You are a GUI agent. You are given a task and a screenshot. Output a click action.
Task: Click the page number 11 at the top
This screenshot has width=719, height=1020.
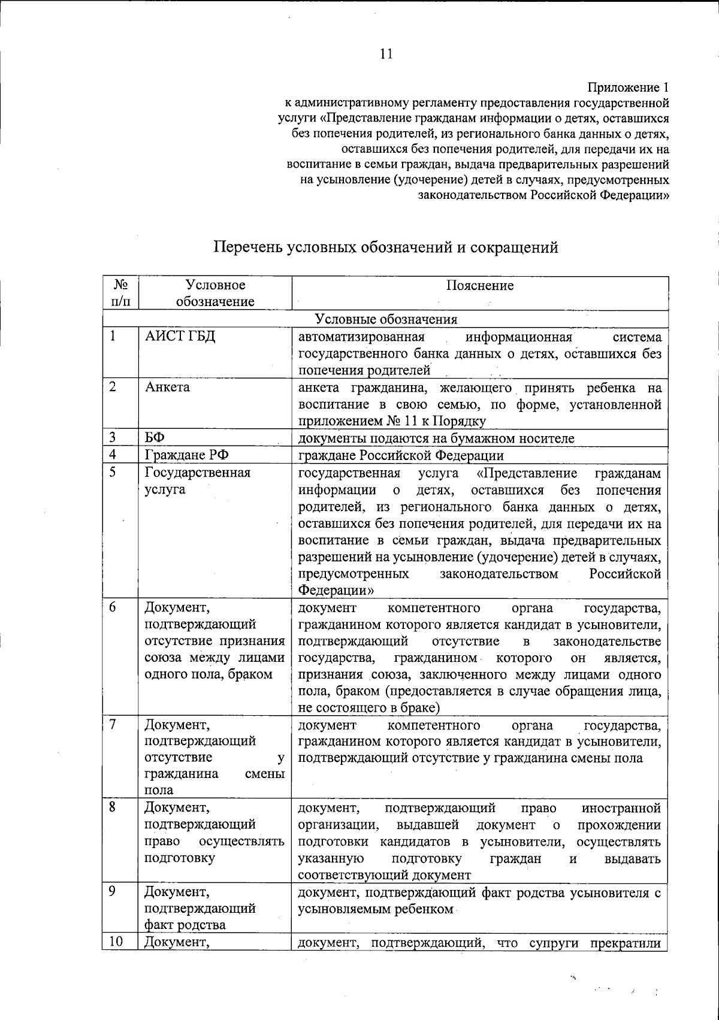click(x=386, y=54)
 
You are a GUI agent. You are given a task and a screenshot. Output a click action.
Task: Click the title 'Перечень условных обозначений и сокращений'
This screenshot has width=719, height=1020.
click(x=386, y=247)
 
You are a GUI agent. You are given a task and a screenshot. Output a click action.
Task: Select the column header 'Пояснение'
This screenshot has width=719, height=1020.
click(x=479, y=286)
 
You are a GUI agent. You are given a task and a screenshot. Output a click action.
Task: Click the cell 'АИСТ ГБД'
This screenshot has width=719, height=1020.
click(x=180, y=337)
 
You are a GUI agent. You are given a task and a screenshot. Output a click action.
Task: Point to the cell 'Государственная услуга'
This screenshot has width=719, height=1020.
click(x=197, y=481)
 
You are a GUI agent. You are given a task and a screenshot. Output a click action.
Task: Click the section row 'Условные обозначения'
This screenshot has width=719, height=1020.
click(x=386, y=319)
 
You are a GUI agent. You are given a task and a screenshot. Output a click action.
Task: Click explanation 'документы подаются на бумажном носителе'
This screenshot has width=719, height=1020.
click(x=436, y=438)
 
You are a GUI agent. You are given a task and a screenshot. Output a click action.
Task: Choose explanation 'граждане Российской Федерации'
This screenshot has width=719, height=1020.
click(x=401, y=455)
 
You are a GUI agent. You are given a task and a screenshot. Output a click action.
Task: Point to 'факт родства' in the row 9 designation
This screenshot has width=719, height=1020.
click(x=185, y=925)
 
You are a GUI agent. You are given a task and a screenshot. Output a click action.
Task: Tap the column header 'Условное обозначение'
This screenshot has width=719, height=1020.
click(x=215, y=293)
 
